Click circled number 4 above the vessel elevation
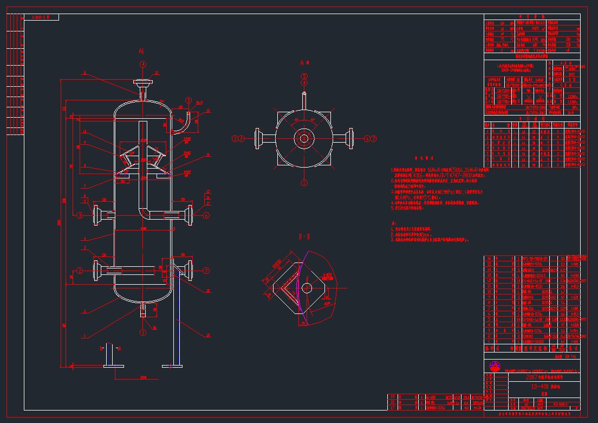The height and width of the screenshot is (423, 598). click(x=143, y=64)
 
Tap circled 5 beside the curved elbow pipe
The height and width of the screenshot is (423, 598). click(x=188, y=100)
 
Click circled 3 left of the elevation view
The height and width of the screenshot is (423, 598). click(x=80, y=215)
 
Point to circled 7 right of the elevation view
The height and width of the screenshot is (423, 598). click(x=206, y=270)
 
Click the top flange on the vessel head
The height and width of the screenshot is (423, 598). click(x=143, y=83)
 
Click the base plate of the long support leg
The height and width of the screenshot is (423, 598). click(x=174, y=366)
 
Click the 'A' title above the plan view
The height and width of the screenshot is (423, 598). click(x=304, y=63)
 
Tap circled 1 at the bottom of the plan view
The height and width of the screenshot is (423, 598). click(x=304, y=183)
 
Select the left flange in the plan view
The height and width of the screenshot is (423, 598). click(x=257, y=139)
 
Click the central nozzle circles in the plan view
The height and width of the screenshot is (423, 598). click(x=304, y=139)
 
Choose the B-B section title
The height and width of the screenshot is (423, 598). click(x=304, y=237)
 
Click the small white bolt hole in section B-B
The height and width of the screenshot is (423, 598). click(x=307, y=287)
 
